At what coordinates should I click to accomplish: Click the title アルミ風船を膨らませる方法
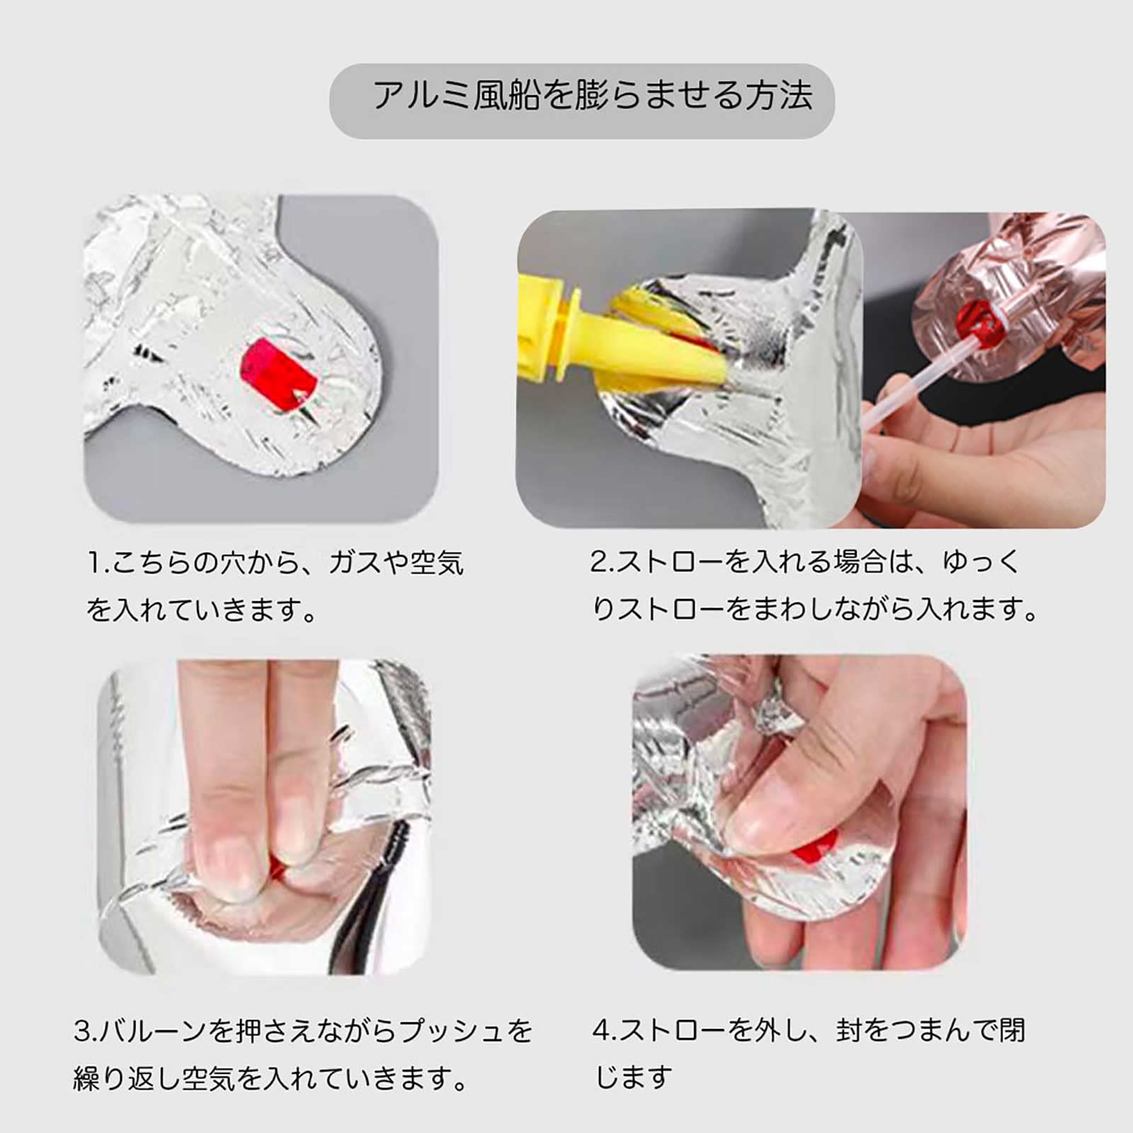592,96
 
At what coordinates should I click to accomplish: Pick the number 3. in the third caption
86,1031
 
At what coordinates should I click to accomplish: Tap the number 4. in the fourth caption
606,1030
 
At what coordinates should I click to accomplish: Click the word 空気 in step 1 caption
436,564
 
